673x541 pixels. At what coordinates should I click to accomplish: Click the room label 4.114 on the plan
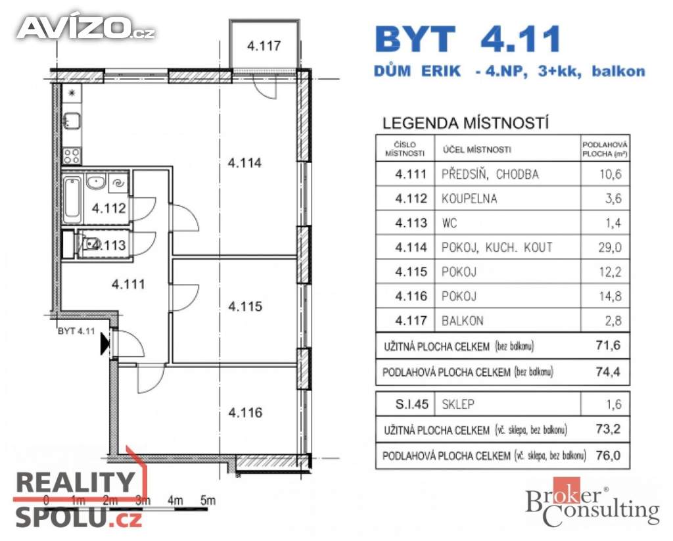[x=244, y=162]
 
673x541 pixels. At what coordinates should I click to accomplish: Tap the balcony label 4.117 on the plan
[x=264, y=46]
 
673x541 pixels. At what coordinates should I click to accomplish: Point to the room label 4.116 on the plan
[x=244, y=413]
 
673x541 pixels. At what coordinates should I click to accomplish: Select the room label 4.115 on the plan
[x=244, y=306]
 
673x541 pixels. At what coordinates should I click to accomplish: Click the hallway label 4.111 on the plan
[x=128, y=285]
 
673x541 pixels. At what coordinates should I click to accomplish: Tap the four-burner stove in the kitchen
[x=71, y=156]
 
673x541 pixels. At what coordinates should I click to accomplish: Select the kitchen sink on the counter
[x=71, y=121]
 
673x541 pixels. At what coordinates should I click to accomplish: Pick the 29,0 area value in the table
[x=605, y=247]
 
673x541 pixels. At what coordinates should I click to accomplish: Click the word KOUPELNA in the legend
[x=470, y=199]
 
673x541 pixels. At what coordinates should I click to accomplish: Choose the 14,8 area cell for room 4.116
[x=605, y=296]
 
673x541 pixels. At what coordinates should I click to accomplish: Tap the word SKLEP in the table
[x=459, y=405]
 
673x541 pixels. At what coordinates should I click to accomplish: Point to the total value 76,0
[x=605, y=455]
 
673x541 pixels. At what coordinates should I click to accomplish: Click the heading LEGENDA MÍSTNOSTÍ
[x=465, y=123]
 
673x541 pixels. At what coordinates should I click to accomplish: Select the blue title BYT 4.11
[x=468, y=39]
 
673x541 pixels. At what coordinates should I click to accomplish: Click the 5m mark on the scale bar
[x=208, y=500]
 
